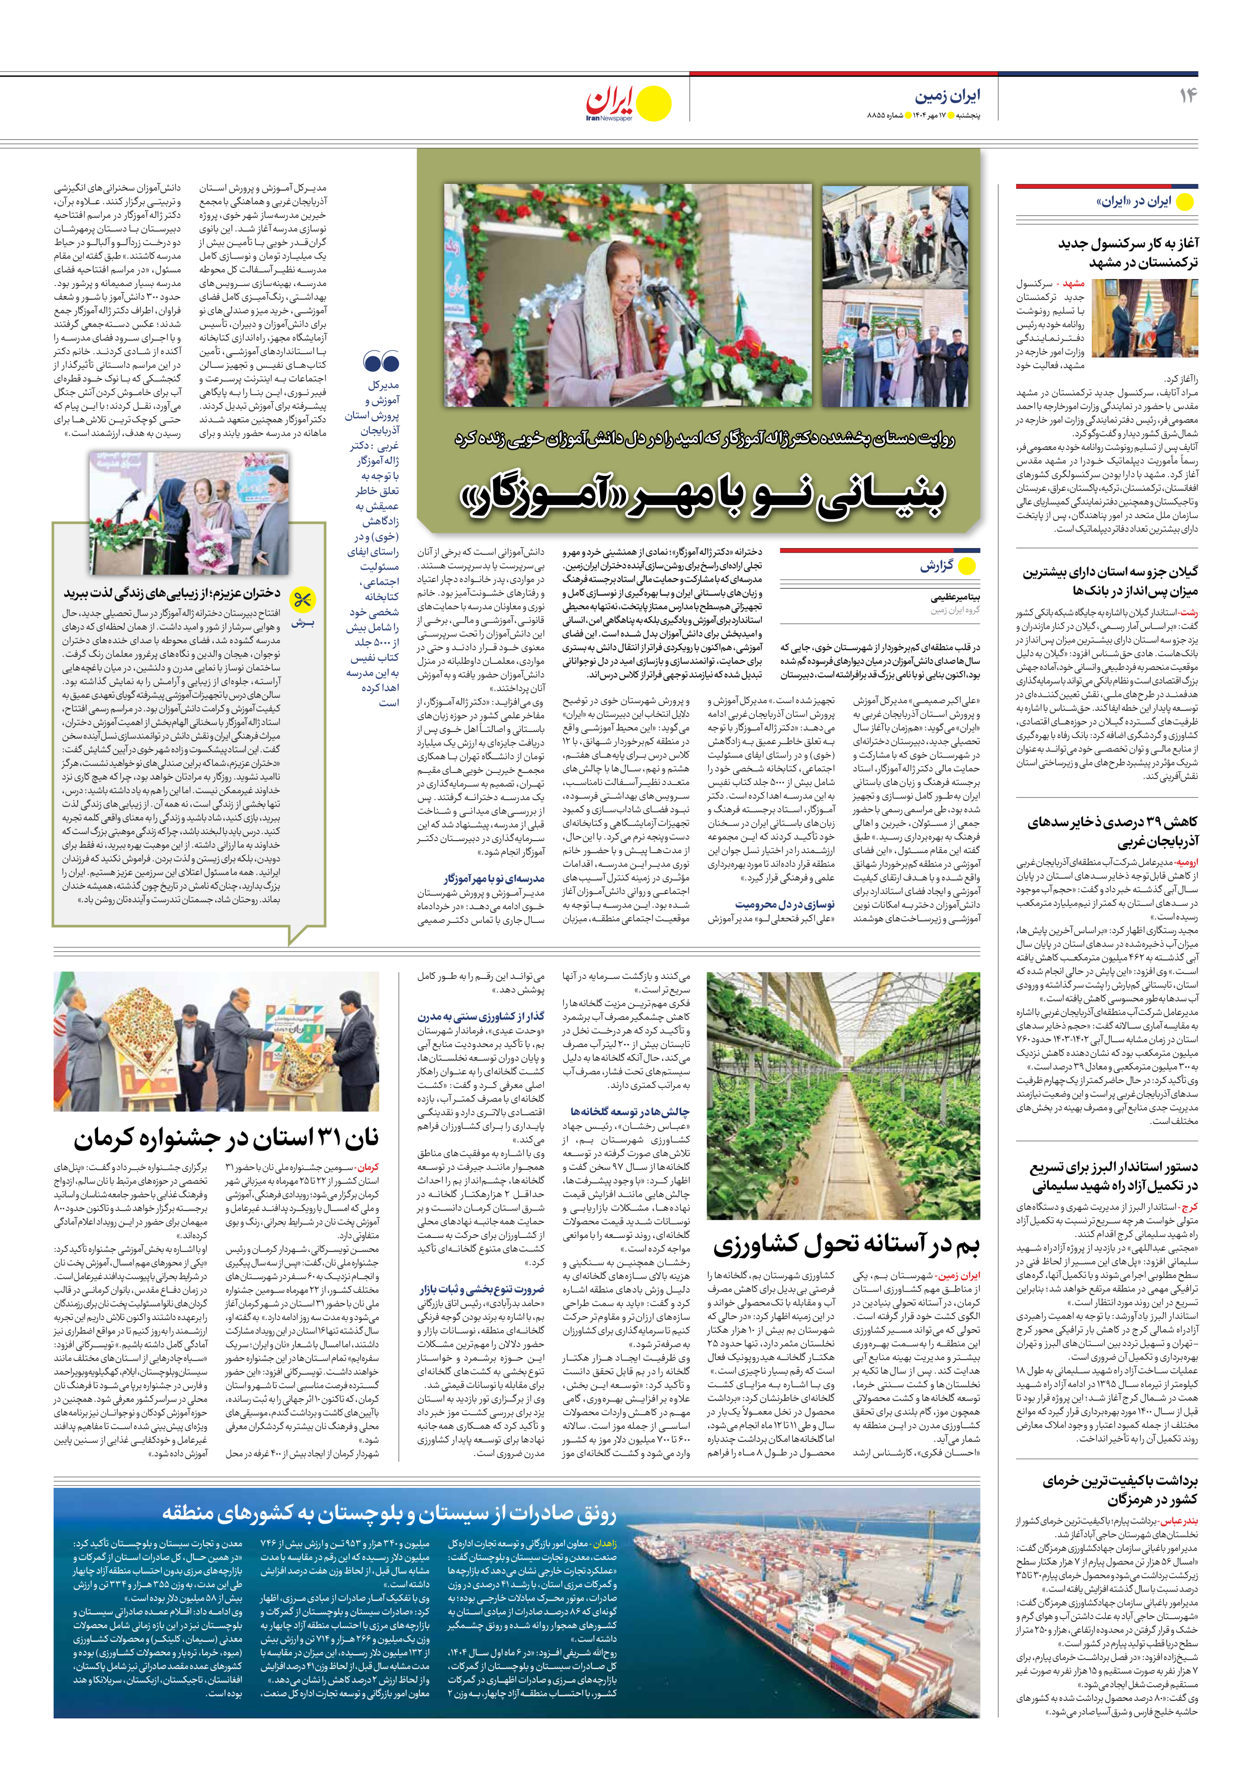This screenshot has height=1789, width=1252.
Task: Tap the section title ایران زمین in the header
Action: click(x=948, y=96)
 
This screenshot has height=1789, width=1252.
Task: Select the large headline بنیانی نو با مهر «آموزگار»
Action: click(x=704, y=497)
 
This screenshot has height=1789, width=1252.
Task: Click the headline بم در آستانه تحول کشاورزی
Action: click(x=845, y=1244)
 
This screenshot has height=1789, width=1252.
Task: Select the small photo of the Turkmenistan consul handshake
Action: click(x=1144, y=317)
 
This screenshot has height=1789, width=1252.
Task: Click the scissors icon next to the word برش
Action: click(x=301, y=600)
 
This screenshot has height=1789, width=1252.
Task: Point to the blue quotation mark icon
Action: click(x=381, y=362)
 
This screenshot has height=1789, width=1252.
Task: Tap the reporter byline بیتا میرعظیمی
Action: click(x=955, y=598)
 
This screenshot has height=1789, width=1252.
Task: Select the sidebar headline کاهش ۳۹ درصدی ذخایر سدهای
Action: click(x=1113, y=832)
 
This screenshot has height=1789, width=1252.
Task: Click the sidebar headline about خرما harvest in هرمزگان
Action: click(x=1120, y=1490)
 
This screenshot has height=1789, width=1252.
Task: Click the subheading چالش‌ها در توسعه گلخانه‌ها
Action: click(x=630, y=1111)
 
